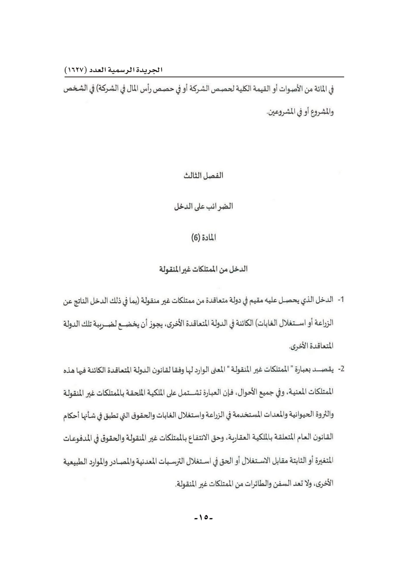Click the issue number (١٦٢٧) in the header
(x=76, y=70)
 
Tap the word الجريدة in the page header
(x=150, y=70)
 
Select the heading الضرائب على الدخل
(x=203, y=206)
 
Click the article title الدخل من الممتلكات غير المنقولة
(x=203, y=269)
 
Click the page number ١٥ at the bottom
(x=204, y=517)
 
